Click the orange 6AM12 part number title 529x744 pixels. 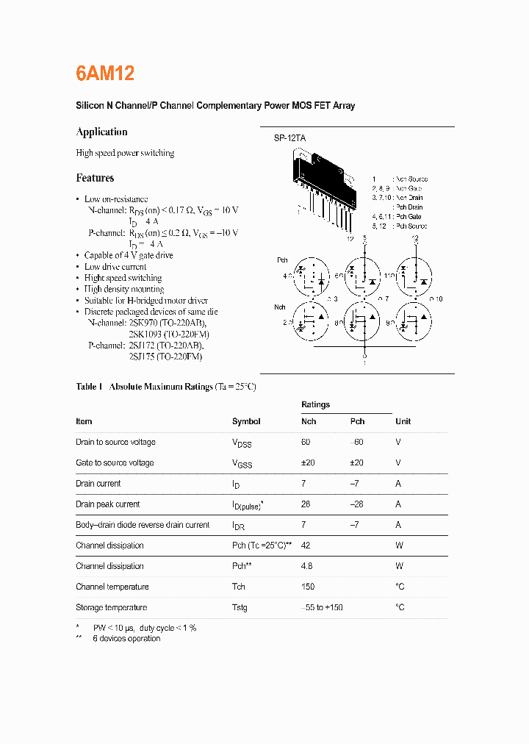104,74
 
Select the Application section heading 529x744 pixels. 101,132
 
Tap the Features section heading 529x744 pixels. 95,178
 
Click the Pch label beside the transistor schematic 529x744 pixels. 282,260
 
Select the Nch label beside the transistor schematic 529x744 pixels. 280,307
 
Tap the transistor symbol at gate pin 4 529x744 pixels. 311,276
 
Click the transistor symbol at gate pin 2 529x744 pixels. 311,322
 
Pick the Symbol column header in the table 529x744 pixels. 246,421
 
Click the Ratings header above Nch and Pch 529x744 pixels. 315,404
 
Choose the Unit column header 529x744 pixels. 403,421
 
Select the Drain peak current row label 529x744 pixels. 107,504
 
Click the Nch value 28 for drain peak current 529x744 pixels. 306,504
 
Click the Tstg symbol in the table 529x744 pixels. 240,607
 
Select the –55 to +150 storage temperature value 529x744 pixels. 322,607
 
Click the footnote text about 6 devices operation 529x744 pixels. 126,638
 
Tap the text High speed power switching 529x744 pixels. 125,153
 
